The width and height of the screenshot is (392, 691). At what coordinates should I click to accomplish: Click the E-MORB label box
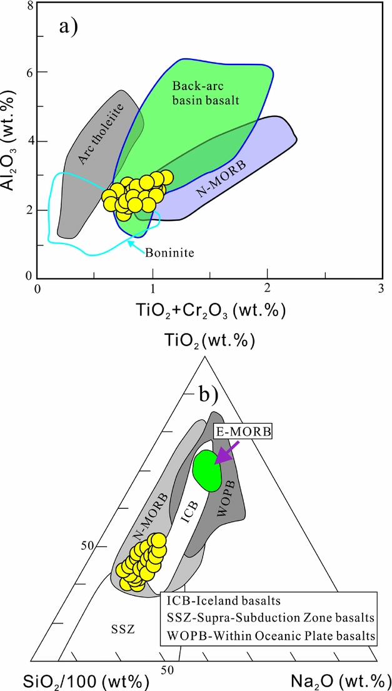(237, 433)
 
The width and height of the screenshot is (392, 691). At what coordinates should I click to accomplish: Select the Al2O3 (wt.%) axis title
(13, 140)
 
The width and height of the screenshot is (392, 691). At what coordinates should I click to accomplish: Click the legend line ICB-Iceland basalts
(223, 601)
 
